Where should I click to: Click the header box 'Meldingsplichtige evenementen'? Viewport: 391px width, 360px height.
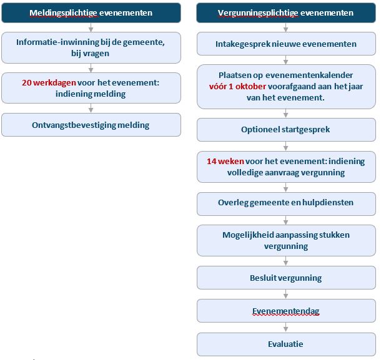pyautogui.click(x=91, y=12)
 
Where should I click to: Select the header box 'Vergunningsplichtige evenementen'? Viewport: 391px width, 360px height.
pyautogui.click(x=286, y=12)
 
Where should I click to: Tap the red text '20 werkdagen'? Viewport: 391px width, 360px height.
pyautogui.click(x=49, y=82)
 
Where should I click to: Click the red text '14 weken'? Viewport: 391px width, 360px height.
pyautogui.click(x=225, y=161)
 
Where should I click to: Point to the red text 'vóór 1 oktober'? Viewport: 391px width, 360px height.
pyautogui.click(x=237, y=86)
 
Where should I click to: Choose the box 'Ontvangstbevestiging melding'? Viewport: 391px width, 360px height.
pyautogui.click(x=91, y=125)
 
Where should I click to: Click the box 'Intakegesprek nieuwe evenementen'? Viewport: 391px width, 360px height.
pyautogui.click(x=286, y=44)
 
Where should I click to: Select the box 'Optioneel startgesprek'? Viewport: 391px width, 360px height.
pyautogui.click(x=286, y=130)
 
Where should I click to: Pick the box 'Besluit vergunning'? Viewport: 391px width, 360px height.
pyautogui.click(x=286, y=278)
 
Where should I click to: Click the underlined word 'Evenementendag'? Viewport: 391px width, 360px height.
pyautogui.click(x=286, y=311)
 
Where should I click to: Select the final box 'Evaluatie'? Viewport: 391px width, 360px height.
pyautogui.click(x=286, y=344)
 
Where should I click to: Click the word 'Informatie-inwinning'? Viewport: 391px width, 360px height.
pyautogui.click(x=57, y=42)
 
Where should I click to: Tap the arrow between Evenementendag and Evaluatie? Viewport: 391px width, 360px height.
pyautogui.click(x=286, y=328)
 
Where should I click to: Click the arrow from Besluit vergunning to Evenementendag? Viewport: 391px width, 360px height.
pyautogui.click(x=286, y=294)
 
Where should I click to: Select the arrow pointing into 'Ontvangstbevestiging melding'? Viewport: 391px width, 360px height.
pyautogui.click(x=91, y=108)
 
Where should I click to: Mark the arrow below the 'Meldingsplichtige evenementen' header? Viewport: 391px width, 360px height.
pyautogui.click(x=91, y=27)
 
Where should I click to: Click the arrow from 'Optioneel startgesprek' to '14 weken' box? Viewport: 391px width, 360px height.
pyautogui.click(x=286, y=146)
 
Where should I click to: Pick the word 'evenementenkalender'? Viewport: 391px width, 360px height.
pyautogui.click(x=309, y=75)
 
